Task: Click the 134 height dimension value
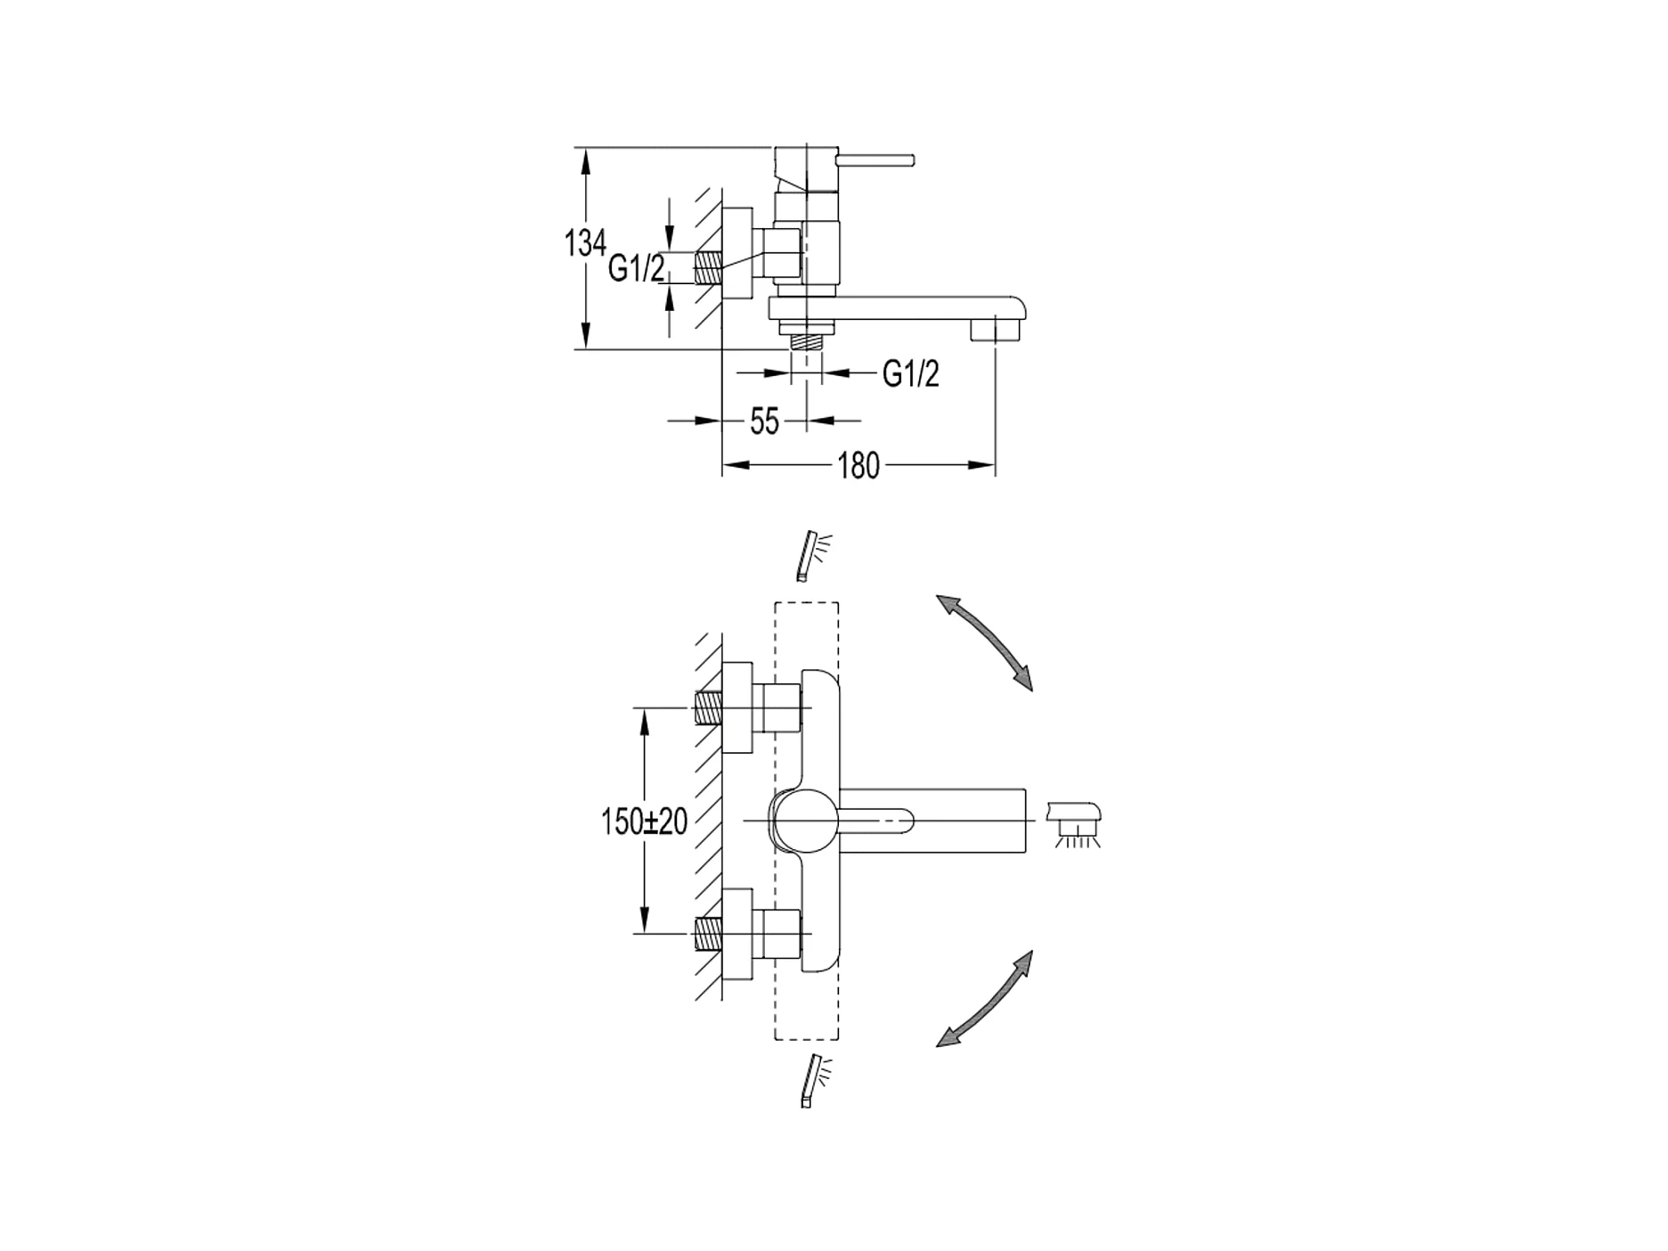pyautogui.click(x=585, y=242)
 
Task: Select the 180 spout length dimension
pyautogui.click(x=858, y=465)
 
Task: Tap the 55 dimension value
pyautogui.click(x=764, y=421)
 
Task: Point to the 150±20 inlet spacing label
pyautogui.click(x=644, y=822)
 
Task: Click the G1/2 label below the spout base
pyautogui.click(x=910, y=374)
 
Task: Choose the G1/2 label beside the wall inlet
pyautogui.click(x=636, y=267)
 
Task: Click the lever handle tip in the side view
pyautogui.click(x=908, y=160)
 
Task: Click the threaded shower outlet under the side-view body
pyautogui.click(x=807, y=339)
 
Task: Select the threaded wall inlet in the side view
pyautogui.click(x=708, y=267)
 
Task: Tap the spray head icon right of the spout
pyautogui.click(x=1077, y=822)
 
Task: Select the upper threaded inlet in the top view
pyautogui.click(x=708, y=708)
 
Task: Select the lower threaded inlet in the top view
pyautogui.click(x=708, y=934)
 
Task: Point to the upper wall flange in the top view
pyautogui.click(x=737, y=708)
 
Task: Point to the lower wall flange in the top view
pyautogui.click(x=737, y=934)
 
